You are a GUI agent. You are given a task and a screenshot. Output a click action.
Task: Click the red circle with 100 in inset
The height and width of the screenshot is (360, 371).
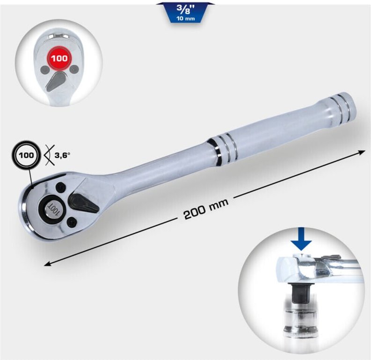[x=59, y=59]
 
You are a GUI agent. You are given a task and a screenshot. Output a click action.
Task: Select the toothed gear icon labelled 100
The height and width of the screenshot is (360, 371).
[x=28, y=156]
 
